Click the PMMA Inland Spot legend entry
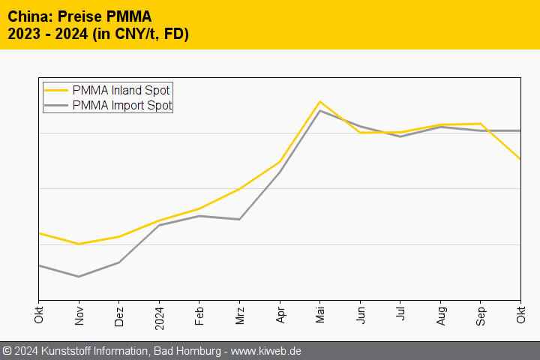pyautogui.click(x=121, y=90)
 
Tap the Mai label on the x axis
pyautogui.click(x=320, y=313)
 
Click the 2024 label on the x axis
pyautogui.click(x=159, y=316)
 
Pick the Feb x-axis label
pyautogui.click(x=199, y=313)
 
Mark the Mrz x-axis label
pyautogui.click(x=240, y=313)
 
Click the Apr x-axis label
pyautogui.click(x=280, y=313)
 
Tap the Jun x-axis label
pyautogui.click(x=361, y=313)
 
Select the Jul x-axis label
pyautogui.click(x=400, y=313)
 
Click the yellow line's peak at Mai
pyautogui.click(x=320, y=101)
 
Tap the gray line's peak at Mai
pyautogui.click(x=320, y=111)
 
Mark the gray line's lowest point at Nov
pyautogui.click(x=79, y=277)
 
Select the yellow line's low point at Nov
pyautogui.click(x=79, y=244)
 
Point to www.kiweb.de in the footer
pyautogui.click(x=266, y=351)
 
